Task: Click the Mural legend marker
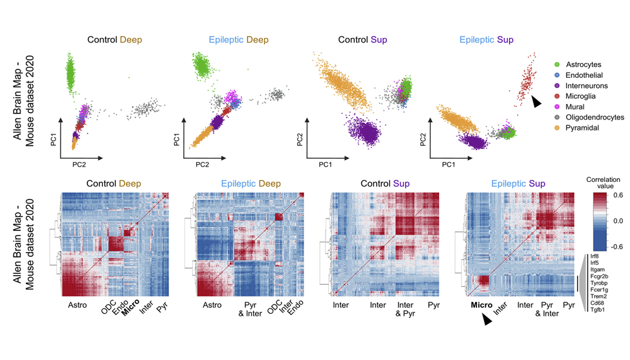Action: tap(557, 106)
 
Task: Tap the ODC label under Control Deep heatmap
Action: tap(107, 310)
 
